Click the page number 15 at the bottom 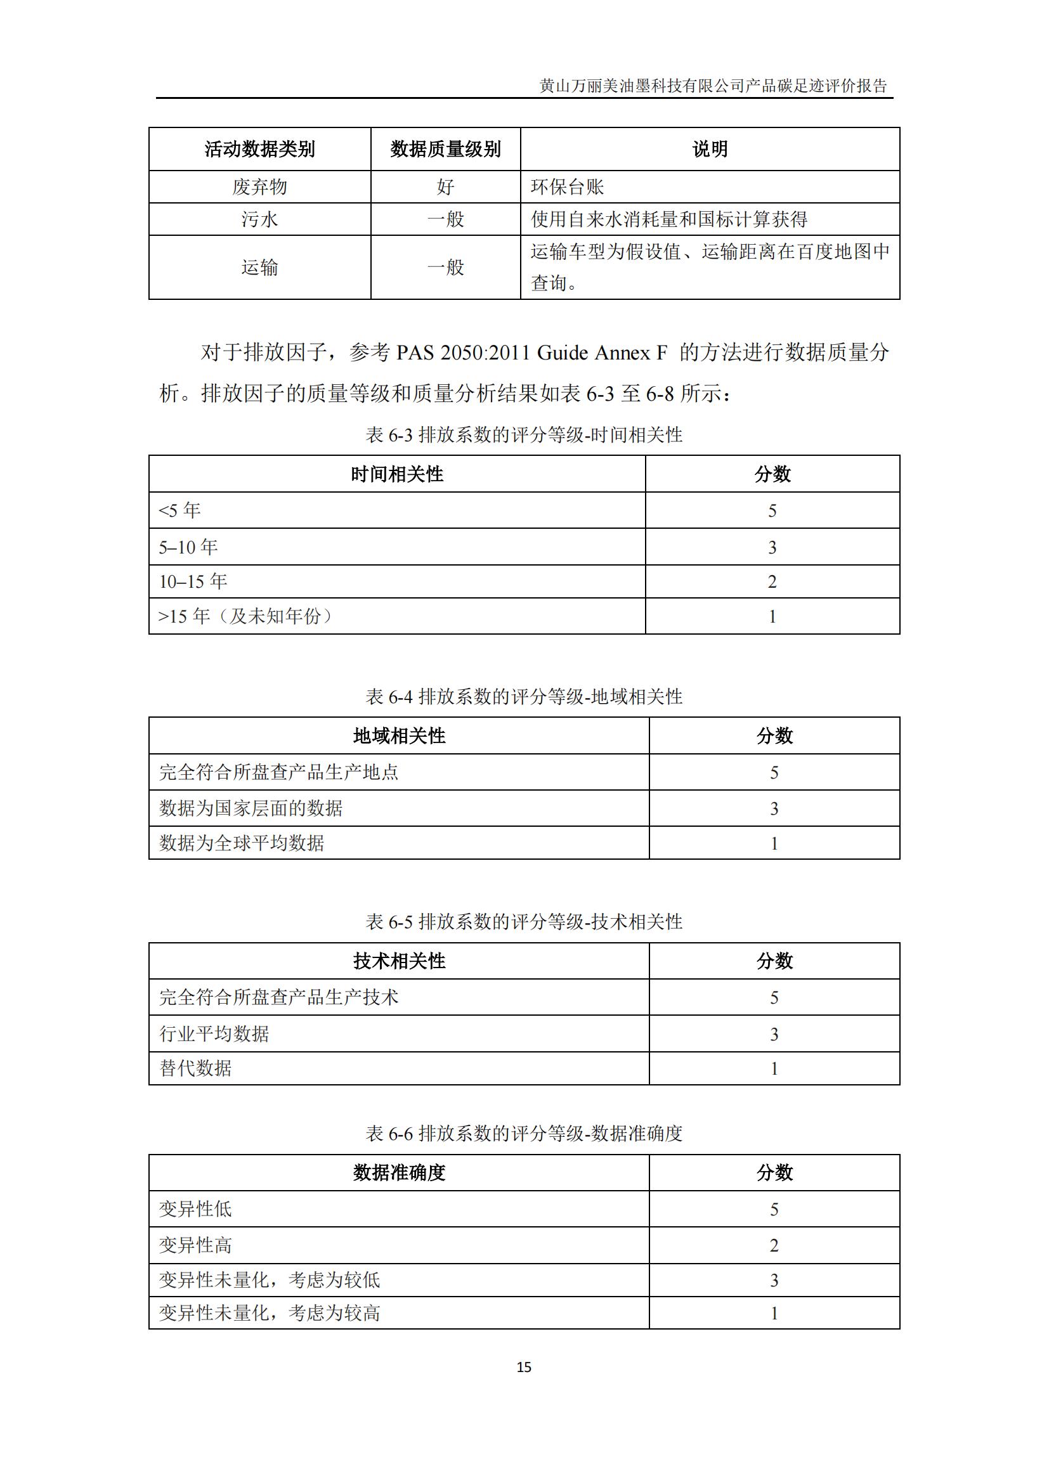coord(524,1367)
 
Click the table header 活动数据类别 coord(259,149)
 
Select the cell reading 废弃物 coord(259,187)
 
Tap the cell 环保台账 coord(567,187)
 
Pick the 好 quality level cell coord(445,187)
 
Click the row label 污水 coord(259,219)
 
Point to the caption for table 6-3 coord(524,436)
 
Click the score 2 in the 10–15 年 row coord(772,582)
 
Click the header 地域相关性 coord(399,735)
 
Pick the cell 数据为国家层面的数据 coord(251,808)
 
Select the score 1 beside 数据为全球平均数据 coord(774,843)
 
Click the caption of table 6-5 coord(524,922)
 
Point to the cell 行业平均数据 coord(214,1034)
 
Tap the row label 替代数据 coord(195,1068)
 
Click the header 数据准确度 coord(399,1173)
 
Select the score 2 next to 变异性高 coord(774,1245)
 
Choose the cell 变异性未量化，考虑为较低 coord(270,1280)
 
